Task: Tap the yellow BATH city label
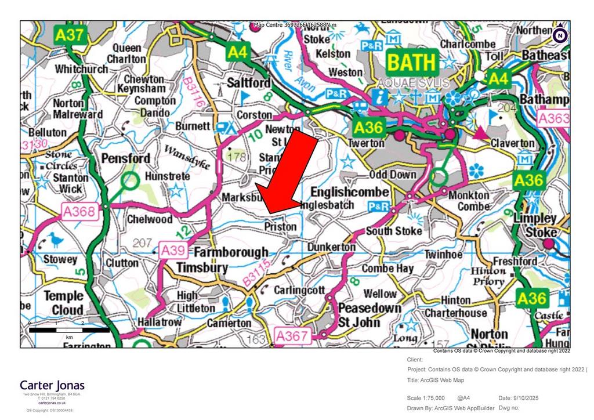click(411, 62)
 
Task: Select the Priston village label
click(280, 227)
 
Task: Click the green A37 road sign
click(70, 34)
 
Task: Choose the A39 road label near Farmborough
click(173, 251)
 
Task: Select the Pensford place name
click(126, 158)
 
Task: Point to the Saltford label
click(249, 83)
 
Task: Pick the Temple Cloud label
click(63, 303)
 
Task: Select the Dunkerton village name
click(331, 247)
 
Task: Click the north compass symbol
click(560, 35)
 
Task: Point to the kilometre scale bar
click(69, 330)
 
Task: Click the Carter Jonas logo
click(52, 385)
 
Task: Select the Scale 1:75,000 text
click(426, 398)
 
